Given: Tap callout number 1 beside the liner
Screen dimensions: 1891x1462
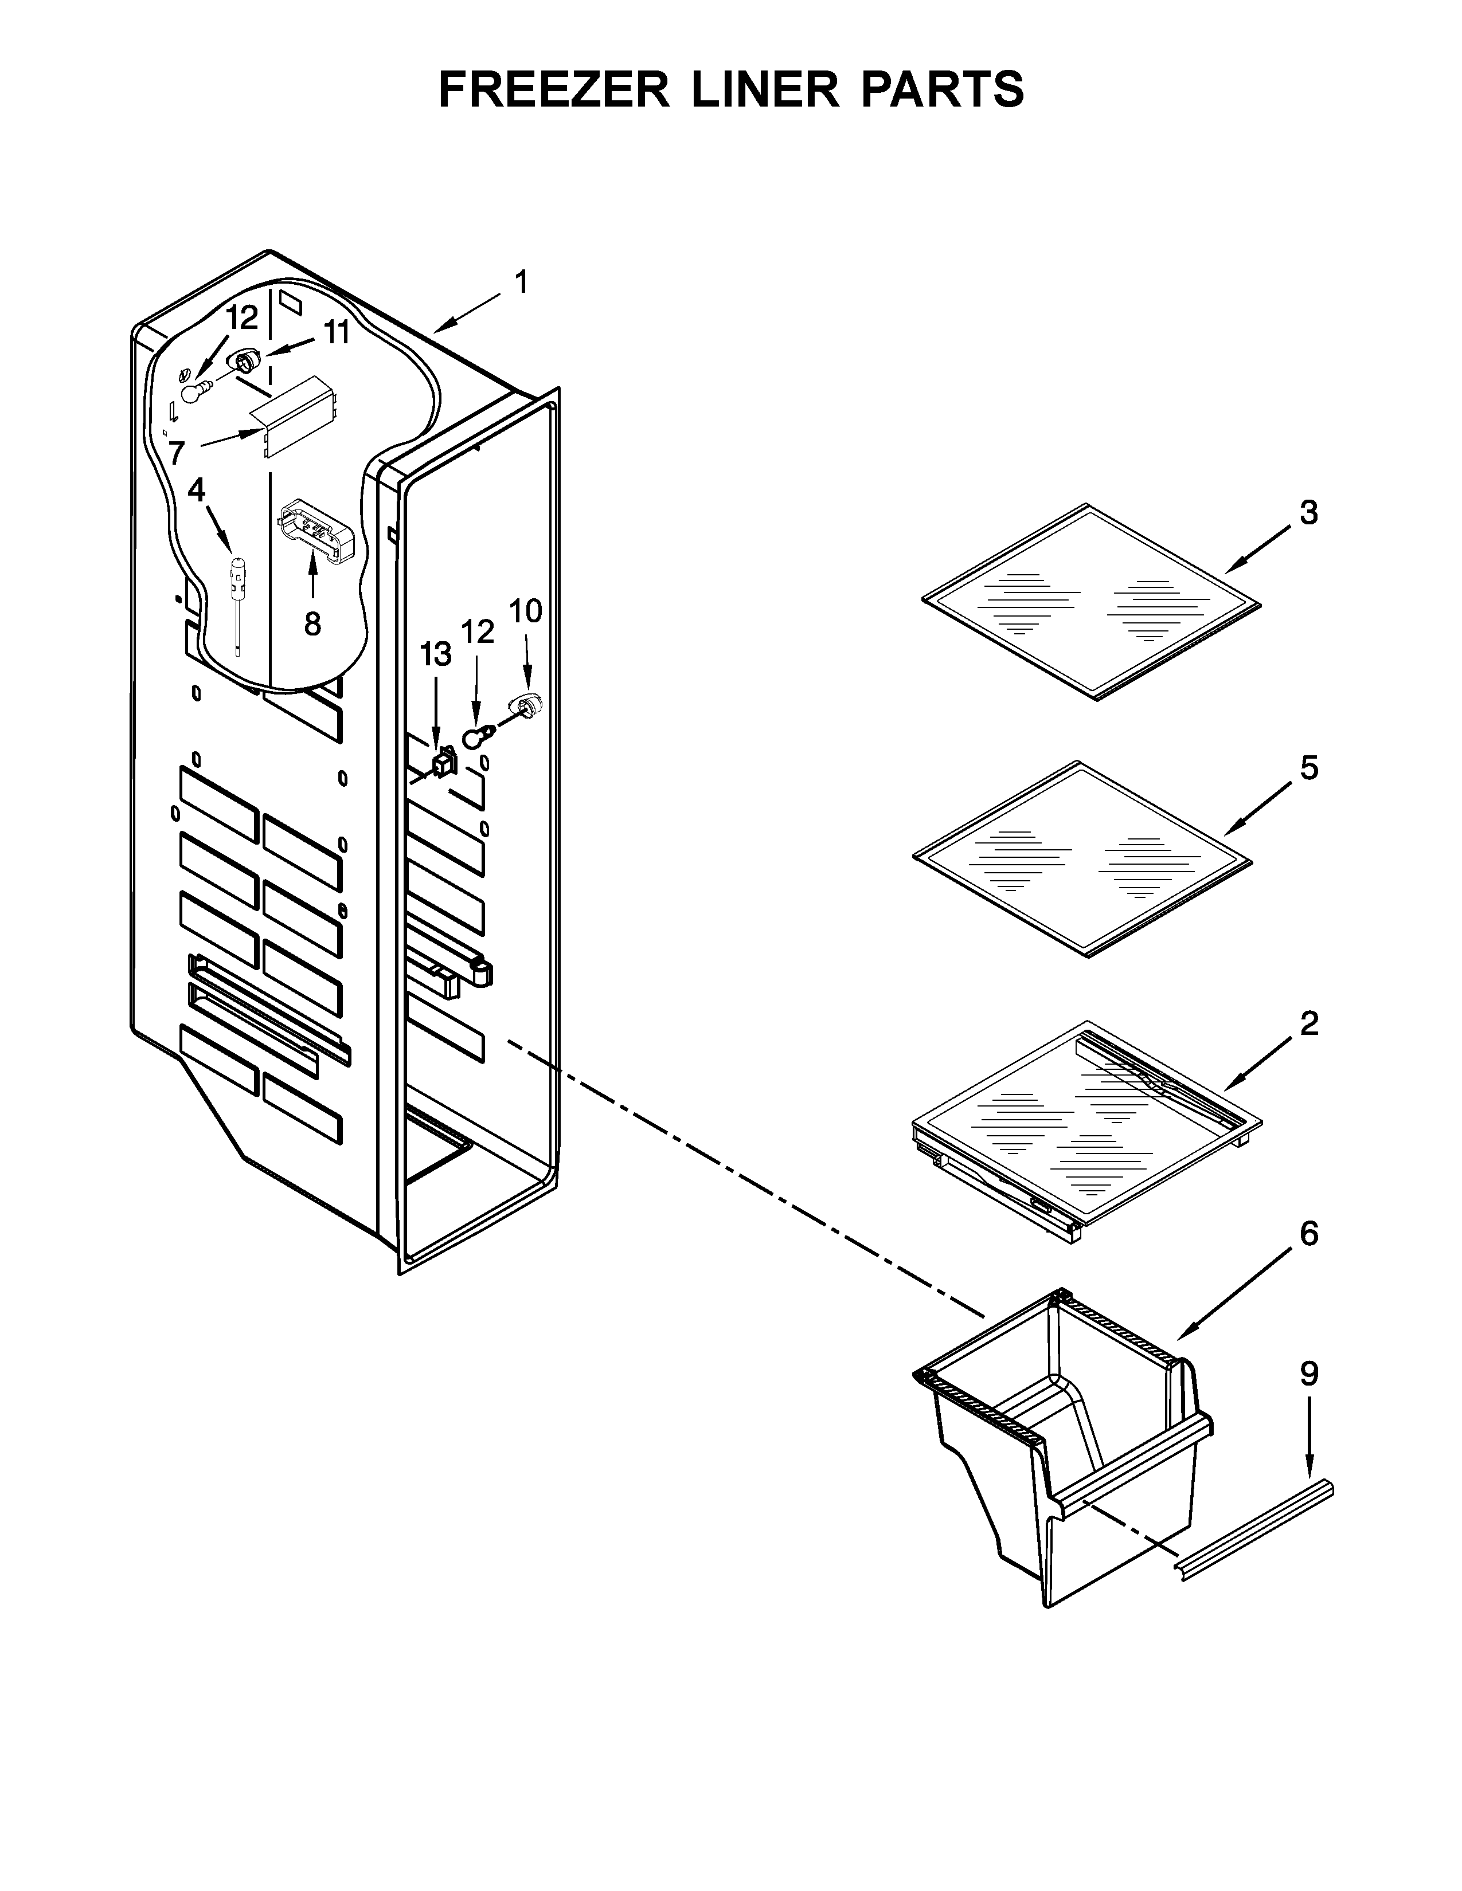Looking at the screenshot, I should [x=521, y=283].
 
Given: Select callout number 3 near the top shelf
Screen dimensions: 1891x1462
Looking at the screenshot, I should [x=1309, y=513].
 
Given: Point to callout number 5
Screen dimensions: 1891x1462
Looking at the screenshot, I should [x=1309, y=767].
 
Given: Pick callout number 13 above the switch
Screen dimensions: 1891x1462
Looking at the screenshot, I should [x=436, y=654].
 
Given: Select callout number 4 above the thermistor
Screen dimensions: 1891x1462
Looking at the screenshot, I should [x=197, y=490].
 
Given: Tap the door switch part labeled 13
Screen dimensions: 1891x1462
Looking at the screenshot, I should [x=444, y=763].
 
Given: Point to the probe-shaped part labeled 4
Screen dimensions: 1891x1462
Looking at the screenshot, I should [x=236, y=589].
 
